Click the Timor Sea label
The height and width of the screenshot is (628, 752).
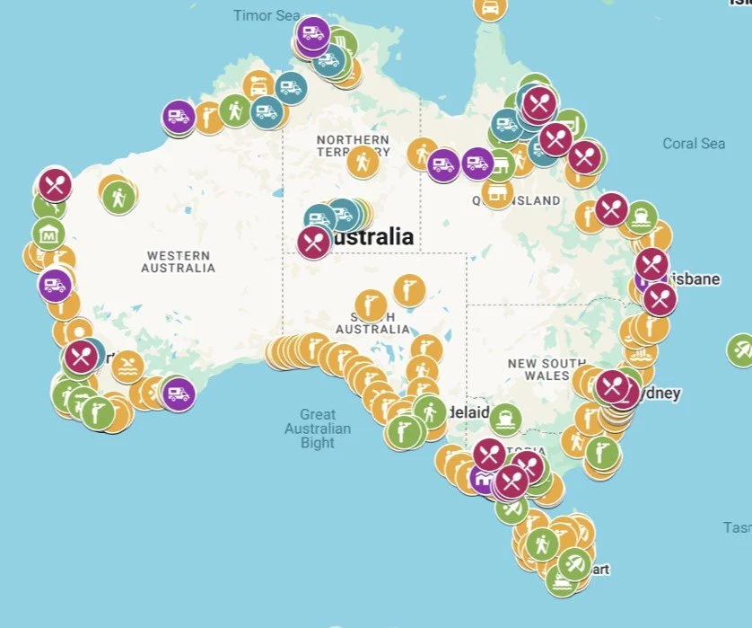pos(266,15)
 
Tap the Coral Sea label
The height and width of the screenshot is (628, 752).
pos(694,144)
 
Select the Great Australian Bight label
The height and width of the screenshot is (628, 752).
pos(318,428)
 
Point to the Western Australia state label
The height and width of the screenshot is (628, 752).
pos(179,261)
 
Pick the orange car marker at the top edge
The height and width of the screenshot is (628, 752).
pos(489,6)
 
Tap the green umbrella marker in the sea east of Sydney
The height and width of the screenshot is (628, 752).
pos(741,349)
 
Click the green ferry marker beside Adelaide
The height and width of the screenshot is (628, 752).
pos(505,418)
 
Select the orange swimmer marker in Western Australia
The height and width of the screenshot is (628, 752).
pos(128,367)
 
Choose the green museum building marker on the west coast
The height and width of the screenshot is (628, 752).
pos(48,234)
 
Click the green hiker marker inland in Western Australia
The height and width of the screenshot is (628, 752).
pos(118,196)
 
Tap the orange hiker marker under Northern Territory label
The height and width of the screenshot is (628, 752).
pos(363,163)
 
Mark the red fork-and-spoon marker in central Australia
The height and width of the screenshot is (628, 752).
pos(313,242)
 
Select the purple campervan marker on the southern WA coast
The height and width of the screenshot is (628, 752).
pos(178,394)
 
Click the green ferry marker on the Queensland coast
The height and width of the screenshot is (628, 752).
pos(641,217)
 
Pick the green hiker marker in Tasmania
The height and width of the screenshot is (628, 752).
pos(541,544)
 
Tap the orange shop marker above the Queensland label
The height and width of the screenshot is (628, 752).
pos(497,191)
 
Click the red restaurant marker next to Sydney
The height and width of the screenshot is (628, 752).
pos(613,387)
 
